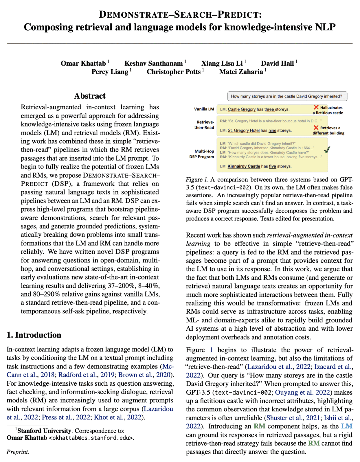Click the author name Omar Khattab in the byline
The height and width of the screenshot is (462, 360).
tap(83, 63)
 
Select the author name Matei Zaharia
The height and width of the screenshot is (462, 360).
tap(241, 72)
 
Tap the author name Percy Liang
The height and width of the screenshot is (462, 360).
tap(110, 72)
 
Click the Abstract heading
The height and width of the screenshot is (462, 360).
tap(90, 96)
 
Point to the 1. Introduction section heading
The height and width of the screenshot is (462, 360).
tap(34, 335)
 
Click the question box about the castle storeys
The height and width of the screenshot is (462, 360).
tap(287, 96)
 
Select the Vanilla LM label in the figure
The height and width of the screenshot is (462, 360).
tap(204, 109)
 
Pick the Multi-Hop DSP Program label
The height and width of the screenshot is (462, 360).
tap(202, 154)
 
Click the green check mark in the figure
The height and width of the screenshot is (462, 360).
tap(327, 150)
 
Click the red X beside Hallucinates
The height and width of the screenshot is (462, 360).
tap(316, 107)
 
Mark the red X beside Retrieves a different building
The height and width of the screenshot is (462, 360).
tap(316, 128)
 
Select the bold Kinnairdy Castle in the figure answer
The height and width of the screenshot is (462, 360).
tap(244, 166)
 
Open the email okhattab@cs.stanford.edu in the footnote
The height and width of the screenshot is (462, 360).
tap(91, 438)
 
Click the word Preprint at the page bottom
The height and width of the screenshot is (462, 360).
tap(18, 452)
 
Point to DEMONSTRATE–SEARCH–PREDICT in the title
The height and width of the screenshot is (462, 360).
tap(180, 15)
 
